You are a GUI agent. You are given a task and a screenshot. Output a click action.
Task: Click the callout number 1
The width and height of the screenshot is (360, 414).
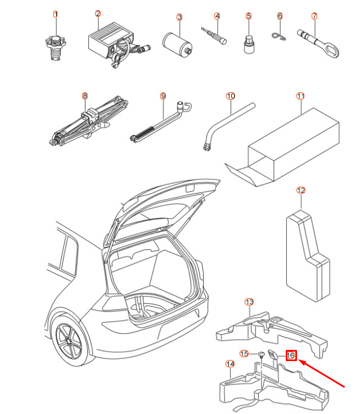55,14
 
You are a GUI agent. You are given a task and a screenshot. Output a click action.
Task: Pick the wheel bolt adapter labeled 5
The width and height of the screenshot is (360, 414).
248,44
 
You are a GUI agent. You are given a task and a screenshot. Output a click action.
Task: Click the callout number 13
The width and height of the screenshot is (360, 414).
249,302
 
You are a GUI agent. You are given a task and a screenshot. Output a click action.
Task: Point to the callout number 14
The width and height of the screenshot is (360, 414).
229,364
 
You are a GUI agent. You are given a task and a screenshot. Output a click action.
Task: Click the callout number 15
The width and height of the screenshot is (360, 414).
244,353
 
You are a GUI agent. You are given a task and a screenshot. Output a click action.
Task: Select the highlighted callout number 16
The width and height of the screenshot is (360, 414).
291,355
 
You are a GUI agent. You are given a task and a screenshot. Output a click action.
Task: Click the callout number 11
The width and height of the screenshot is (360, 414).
300,96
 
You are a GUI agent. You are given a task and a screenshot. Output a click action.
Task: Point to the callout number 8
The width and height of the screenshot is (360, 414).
85,96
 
